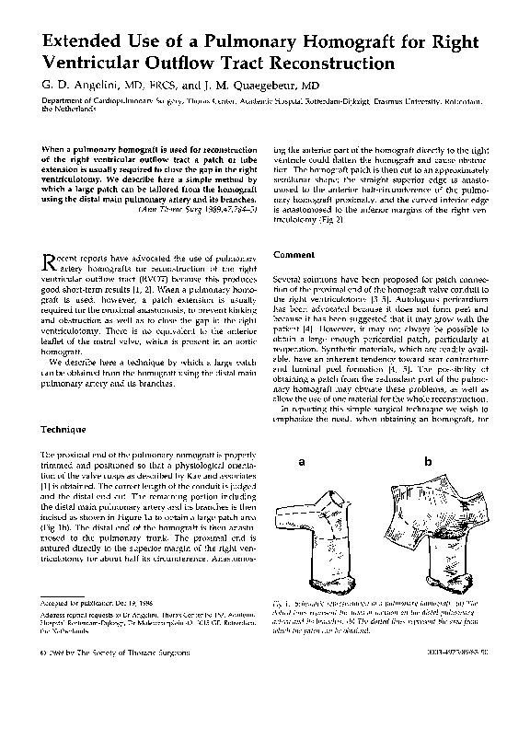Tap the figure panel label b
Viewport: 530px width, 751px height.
pos(427,461)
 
